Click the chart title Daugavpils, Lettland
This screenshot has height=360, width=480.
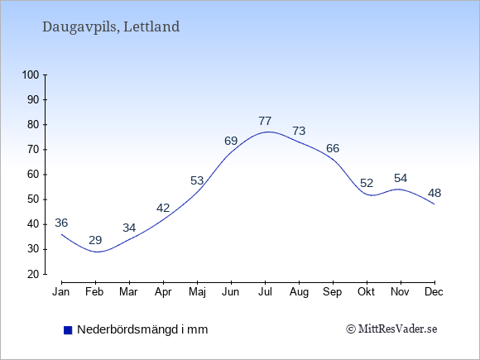pos(111,26)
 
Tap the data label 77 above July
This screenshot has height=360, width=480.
pos(265,121)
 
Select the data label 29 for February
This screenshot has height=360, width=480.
pos(95,240)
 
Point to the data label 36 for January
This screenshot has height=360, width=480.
pos(61,223)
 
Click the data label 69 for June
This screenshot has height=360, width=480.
pos(231,142)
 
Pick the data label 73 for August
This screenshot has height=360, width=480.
pos(299,131)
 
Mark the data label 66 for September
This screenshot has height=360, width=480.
pos(333,148)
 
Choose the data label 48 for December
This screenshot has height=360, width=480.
pos(434,193)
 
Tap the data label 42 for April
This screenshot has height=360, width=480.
pos(163,209)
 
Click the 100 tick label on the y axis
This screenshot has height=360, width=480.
pos(31,74)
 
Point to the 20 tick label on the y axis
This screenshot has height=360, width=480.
pos(33,274)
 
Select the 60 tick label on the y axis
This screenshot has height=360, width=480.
pos(33,175)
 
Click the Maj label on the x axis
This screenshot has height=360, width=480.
pos(197,292)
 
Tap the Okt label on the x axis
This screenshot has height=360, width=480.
pos(366,292)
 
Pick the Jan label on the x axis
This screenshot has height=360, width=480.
pos(61,292)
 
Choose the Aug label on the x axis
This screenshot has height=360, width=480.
pos(299,292)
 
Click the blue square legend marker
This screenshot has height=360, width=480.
pos(68,330)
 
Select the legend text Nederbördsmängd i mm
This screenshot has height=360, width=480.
pos(142,329)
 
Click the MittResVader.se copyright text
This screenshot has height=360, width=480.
pos(391,329)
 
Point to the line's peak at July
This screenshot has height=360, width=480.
pos(268,132)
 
